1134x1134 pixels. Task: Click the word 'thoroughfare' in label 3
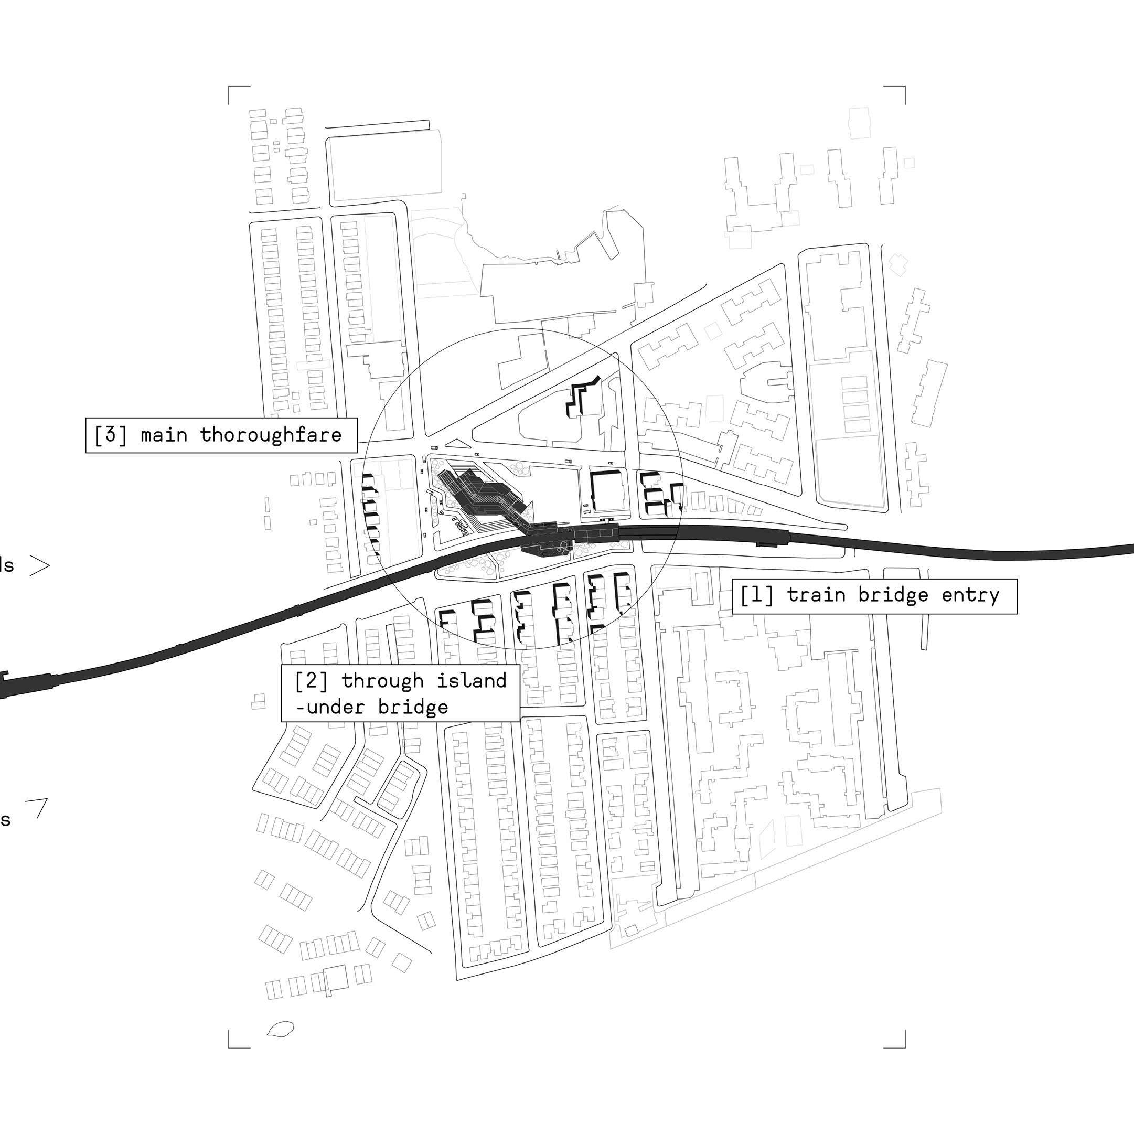pyautogui.click(x=271, y=435)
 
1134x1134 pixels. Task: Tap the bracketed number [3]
pyautogui.click(x=111, y=435)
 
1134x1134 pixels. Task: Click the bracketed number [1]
pyautogui.click(x=756, y=596)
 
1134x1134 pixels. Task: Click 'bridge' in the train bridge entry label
pyautogui.click(x=893, y=596)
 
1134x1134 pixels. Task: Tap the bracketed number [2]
pyautogui.click(x=312, y=681)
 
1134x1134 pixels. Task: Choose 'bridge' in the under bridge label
pyautogui.click(x=413, y=707)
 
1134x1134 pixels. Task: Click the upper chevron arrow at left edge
pyautogui.click(x=40, y=565)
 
